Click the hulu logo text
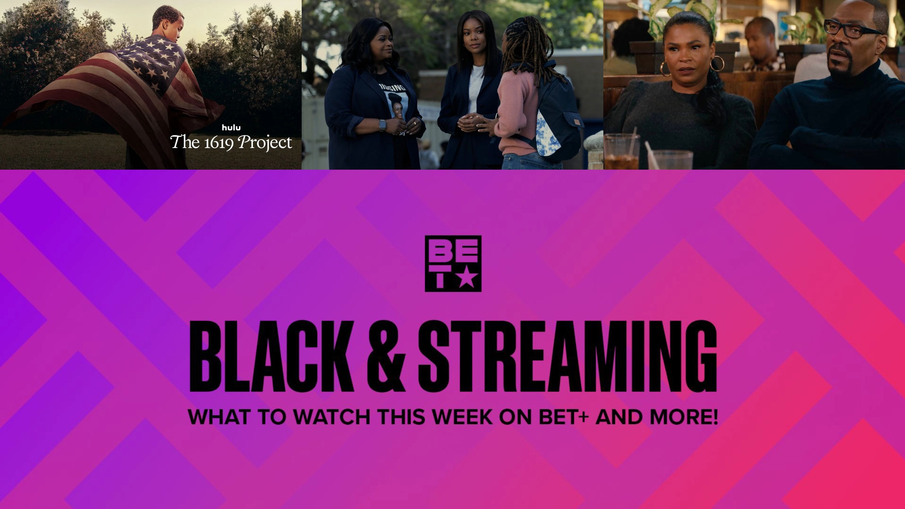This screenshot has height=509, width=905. coord(231,128)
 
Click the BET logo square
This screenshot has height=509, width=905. coord(453,263)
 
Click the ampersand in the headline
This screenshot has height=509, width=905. coord(386,356)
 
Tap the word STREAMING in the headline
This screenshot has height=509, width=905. coord(567,356)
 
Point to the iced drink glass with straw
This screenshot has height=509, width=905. coord(621,151)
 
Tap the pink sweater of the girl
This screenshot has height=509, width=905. coord(517,112)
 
